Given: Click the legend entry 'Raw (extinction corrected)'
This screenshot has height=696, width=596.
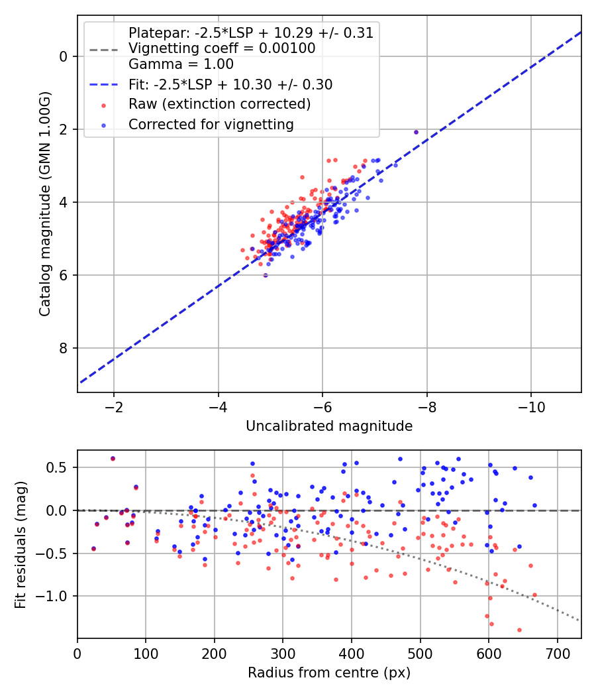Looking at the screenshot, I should coord(219,104).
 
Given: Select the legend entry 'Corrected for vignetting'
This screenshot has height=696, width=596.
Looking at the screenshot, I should coord(211,124).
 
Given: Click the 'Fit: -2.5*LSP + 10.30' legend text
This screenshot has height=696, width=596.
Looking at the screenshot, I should coord(230,84).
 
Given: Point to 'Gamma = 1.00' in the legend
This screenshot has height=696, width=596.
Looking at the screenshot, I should coord(181,64).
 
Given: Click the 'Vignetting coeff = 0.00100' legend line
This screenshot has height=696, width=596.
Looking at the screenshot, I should coord(222,48).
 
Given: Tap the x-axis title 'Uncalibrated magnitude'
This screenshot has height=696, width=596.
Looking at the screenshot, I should coord(329,426).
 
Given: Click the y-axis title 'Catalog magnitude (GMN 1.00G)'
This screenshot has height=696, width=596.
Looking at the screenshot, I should coord(45,205).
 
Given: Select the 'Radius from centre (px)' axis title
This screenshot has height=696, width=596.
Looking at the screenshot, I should coord(329,673).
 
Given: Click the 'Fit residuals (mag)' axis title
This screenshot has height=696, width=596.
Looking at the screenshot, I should coord(21,544).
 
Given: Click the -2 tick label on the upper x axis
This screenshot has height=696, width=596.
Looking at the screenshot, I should coord(114,406).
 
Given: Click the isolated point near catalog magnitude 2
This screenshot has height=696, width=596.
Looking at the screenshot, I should coord(416,132).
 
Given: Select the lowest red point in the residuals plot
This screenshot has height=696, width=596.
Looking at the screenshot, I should coord(519,630).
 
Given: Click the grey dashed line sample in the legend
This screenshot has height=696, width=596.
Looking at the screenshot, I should coord(105,48).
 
